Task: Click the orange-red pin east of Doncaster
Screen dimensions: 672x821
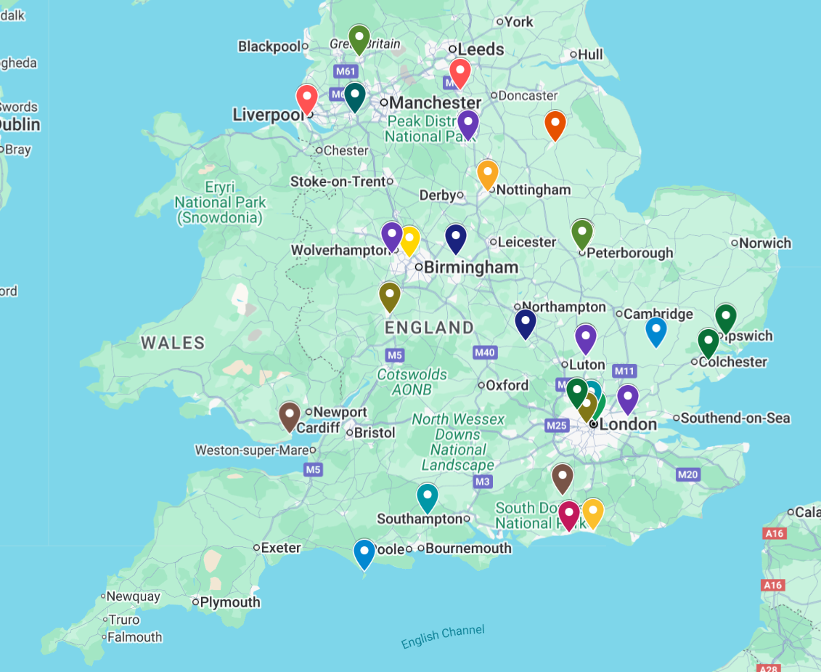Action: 555,125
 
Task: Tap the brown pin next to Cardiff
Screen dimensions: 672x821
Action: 289,416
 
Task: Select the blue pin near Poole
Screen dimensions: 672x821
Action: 364,554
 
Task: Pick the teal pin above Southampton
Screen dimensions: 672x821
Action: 427,497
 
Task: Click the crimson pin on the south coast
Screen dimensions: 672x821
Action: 568,514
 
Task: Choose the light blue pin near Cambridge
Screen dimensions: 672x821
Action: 655,331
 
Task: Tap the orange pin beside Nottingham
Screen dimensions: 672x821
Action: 487,174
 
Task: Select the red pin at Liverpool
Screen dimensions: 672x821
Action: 307,98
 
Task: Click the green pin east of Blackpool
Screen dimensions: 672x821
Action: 359,39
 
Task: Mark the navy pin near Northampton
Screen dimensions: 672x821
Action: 525,323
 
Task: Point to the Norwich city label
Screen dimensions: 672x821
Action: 765,243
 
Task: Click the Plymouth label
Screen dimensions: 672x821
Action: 229,602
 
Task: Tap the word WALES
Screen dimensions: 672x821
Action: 173,342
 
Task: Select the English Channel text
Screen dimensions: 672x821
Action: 442,636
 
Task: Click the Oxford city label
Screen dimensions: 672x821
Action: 507,385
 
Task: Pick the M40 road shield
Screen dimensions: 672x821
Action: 484,352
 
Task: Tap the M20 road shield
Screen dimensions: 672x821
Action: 687,474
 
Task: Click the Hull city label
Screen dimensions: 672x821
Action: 590,54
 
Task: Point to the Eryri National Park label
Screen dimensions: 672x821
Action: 221,202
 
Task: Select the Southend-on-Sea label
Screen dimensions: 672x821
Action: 735,418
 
